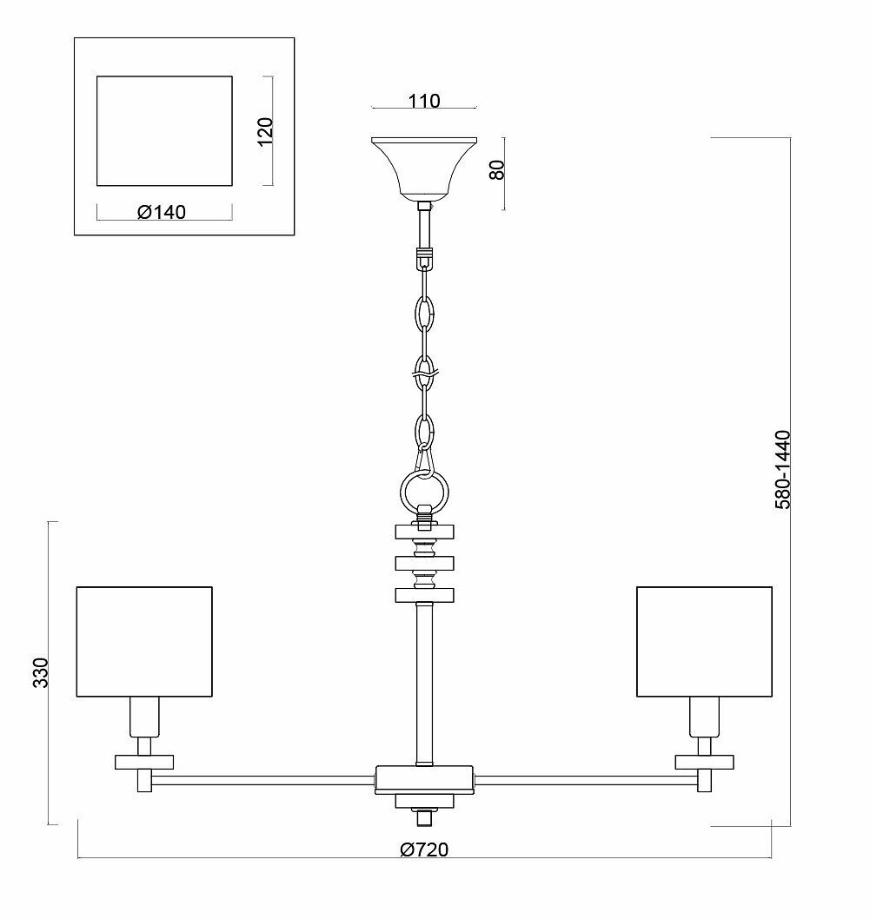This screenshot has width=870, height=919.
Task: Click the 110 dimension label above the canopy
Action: [x=424, y=101]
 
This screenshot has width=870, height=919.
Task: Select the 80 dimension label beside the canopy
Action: [x=497, y=169]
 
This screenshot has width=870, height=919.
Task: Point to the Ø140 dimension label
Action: [x=162, y=212]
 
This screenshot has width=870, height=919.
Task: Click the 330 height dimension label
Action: [x=40, y=672]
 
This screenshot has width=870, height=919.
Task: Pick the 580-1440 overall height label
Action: [x=782, y=469]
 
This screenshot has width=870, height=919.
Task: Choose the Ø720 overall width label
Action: [x=424, y=850]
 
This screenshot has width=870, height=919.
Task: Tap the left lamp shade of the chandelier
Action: [x=144, y=641]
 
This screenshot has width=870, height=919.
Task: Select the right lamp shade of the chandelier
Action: [x=704, y=641]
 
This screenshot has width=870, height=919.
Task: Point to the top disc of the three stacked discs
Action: [x=424, y=531]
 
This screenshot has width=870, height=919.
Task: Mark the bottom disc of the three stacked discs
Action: [x=424, y=595]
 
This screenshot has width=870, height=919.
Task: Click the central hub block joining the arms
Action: [x=424, y=779]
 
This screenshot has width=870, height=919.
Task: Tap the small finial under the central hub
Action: [x=424, y=817]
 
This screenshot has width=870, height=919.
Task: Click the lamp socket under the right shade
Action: [x=704, y=717]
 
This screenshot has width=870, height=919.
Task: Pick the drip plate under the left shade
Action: [x=144, y=762]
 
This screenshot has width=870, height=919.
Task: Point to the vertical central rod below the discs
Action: [x=424, y=682]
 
